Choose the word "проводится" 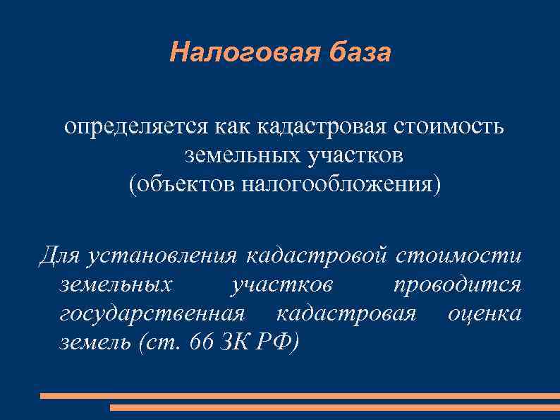[x=457, y=284]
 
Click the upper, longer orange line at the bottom [x=300, y=396]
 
